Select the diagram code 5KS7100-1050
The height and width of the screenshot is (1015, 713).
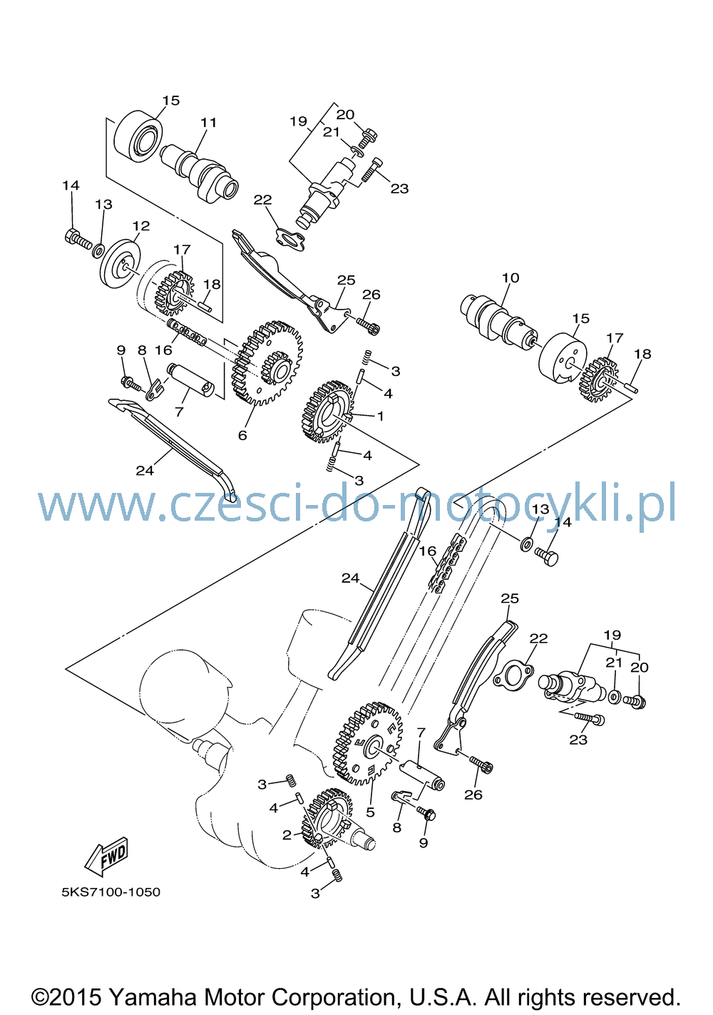click(x=111, y=892)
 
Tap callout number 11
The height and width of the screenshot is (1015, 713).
click(x=209, y=123)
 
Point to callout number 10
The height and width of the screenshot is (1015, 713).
click(x=510, y=277)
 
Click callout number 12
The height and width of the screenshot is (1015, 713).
click(x=141, y=225)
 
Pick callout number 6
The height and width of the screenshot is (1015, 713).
click(x=242, y=435)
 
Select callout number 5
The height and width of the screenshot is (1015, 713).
click(x=370, y=812)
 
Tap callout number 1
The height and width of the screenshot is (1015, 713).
click(x=380, y=416)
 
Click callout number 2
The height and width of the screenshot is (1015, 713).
click(x=287, y=835)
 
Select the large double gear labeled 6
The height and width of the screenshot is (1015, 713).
click(x=267, y=362)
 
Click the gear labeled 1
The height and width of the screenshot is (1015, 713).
click(x=327, y=412)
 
